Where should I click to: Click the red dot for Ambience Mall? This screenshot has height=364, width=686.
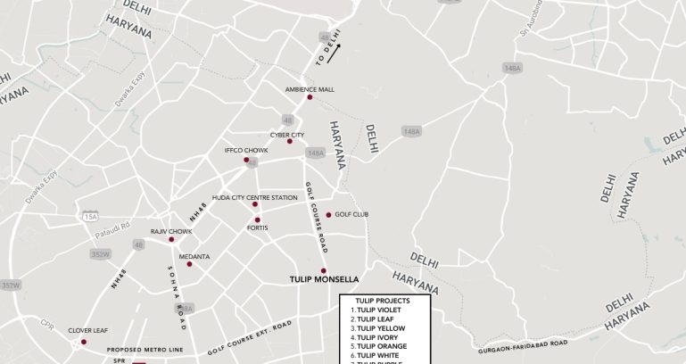[x=310, y=97]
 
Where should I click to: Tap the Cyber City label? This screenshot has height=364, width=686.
[x=287, y=135]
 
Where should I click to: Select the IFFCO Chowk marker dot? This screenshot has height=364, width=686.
[x=247, y=160]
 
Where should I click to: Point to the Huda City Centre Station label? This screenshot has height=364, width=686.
[x=254, y=197]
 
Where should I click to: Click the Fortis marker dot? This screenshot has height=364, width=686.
[x=257, y=219]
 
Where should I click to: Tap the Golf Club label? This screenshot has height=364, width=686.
[x=351, y=214]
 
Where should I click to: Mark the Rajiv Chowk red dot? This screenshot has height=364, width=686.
[x=171, y=239]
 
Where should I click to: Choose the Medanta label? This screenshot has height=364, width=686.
[x=194, y=256]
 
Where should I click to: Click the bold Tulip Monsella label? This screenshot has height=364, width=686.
[x=324, y=279]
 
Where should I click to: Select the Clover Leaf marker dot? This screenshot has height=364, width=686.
[x=84, y=342]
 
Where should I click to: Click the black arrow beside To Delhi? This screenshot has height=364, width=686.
[x=334, y=58]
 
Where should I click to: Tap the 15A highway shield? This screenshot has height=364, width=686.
[x=90, y=217]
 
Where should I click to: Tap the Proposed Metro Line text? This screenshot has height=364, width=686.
[x=145, y=350]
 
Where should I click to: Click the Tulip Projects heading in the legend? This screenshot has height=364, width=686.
[x=382, y=301]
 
